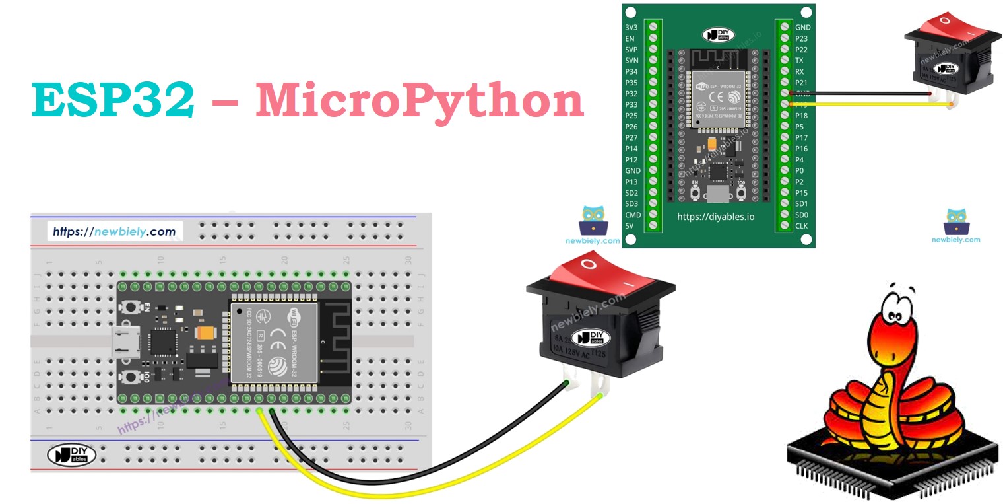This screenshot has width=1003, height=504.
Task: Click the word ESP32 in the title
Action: pyautogui.click(x=113, y=100)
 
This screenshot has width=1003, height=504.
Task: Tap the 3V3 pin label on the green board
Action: pyautogui.click(x=631, y=28)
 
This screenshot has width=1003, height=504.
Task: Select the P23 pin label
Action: pyautogui.click(x=801, y=39)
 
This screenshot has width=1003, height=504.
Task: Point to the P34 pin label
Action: pyautogui.click(x=631, y=72)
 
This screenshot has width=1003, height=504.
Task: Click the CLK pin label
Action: pyautogui.click(x=801, y=226)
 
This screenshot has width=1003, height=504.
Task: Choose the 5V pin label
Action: pyautogui.click(x=630, y=226)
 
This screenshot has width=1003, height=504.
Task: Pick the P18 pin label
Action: pyautogui.click(x=801, y=116)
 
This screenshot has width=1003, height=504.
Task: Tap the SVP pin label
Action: pyautogui.click(x=631, y=50)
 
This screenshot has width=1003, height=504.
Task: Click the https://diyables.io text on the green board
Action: pyautogui.click(x=715, y=216)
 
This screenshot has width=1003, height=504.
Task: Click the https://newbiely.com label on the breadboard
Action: pyautogui.click(x=114, y=232)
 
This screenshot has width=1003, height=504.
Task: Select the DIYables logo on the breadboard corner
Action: pyautogui.click(x=71, y=454)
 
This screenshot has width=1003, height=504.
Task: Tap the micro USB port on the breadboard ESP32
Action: pyautogui.click(x=121, y=340)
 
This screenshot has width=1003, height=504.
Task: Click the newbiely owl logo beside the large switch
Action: pyautogui.click(x=592, y=221)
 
